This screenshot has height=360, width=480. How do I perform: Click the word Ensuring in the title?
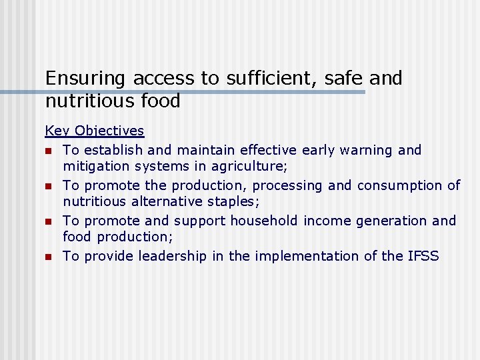[85, 79]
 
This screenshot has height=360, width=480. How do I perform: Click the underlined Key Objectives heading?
[95, 131]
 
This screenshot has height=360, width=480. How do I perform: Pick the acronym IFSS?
[422, 256]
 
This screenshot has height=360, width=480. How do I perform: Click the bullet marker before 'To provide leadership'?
[49, 257]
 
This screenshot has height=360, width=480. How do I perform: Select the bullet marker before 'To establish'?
[49, 151]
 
